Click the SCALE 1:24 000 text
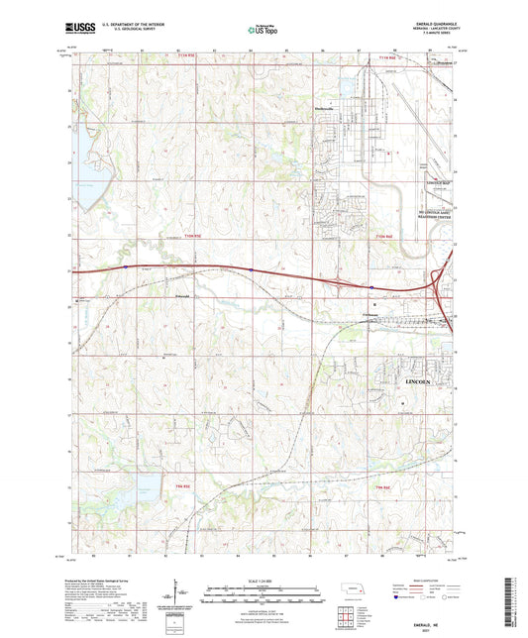pyautogui.click(x=263, y=580)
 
